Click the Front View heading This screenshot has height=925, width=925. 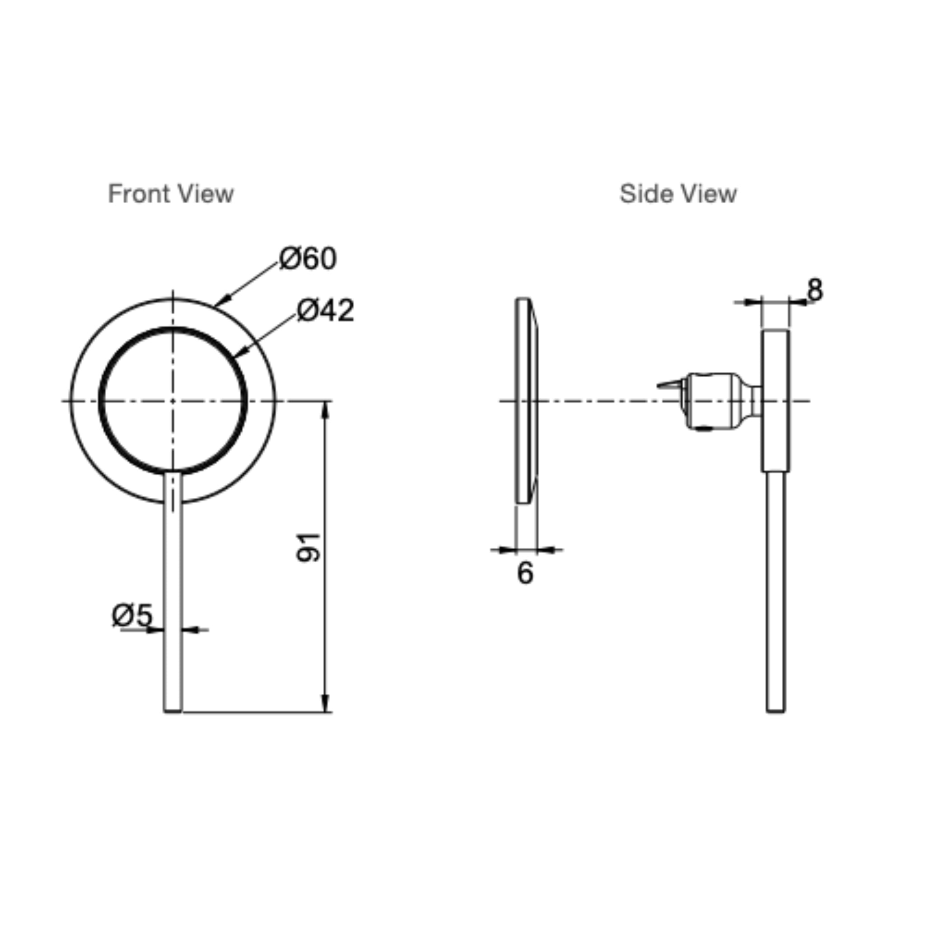[x=171, y=194]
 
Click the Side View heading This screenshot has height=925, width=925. [x=678, y=194]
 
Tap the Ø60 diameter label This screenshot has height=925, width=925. [x=308, y=258]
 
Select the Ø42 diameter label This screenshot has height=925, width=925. [x=326, y=310]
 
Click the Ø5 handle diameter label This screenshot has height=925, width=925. [x=132, y=615]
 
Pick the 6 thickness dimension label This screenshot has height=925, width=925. [x=525, y=573]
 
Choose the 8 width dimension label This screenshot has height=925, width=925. [x=815, y=290]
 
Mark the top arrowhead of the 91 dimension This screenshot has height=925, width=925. [x=326, y=408]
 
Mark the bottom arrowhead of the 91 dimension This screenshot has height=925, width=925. [x=326, y=704]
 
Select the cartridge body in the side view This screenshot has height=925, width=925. [x=713, y=401]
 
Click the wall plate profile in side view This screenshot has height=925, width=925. [x=526, y=400]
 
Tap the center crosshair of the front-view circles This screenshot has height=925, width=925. [x=173, y=401]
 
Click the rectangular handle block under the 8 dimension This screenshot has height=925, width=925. [x=776, y=400]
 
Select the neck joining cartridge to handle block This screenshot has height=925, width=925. [x=756, y=400]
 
